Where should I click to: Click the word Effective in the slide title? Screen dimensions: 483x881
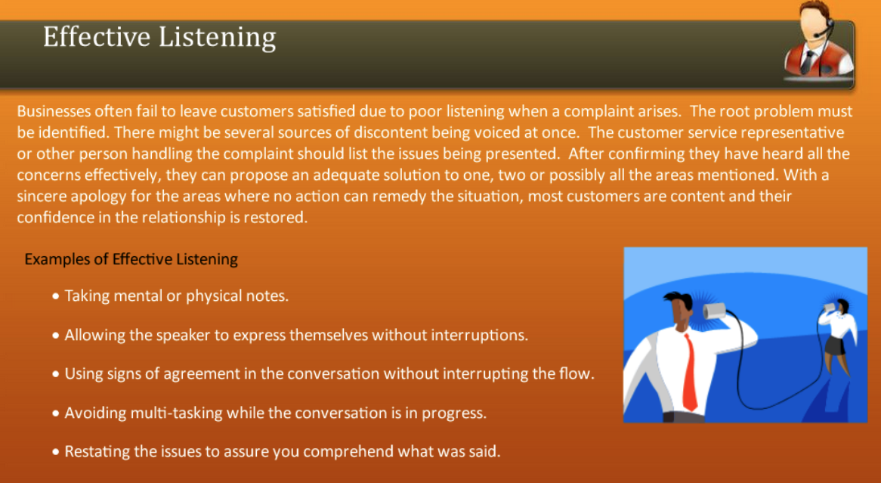97,36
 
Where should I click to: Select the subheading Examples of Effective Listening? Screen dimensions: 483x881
131,259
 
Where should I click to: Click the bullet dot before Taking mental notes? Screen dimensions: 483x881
57,296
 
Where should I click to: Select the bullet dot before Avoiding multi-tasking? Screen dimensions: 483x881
57,413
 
